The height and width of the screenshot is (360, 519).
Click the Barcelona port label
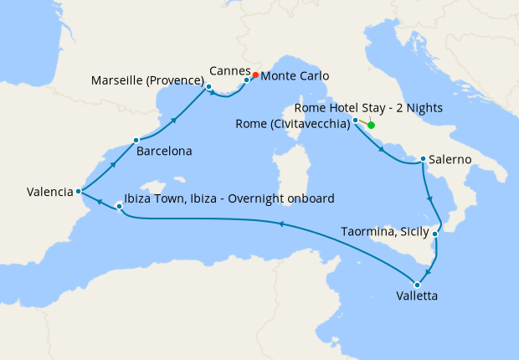coord(166,152)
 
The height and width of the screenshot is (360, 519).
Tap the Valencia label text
coord(49,192)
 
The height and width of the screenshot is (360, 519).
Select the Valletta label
coord(417,296)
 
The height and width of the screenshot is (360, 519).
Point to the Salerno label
coord(452,159)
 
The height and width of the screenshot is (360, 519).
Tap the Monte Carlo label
coord(295,76)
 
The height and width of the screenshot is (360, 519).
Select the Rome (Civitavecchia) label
coord(293,126)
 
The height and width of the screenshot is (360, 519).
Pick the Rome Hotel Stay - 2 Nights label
coord(369,108)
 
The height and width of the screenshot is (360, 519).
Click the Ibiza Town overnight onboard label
coord(229,198)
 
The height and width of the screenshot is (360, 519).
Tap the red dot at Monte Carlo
coord(255,75)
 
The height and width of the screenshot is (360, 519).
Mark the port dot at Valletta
coord(417,285)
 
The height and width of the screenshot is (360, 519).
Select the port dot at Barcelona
coord(136,140)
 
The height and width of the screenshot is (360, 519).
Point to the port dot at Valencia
coord(78,191)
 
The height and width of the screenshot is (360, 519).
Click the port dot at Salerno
coord(424,159)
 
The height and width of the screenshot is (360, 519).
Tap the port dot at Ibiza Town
coord(119,205)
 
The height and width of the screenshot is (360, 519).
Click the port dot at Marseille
coord(208,86)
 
